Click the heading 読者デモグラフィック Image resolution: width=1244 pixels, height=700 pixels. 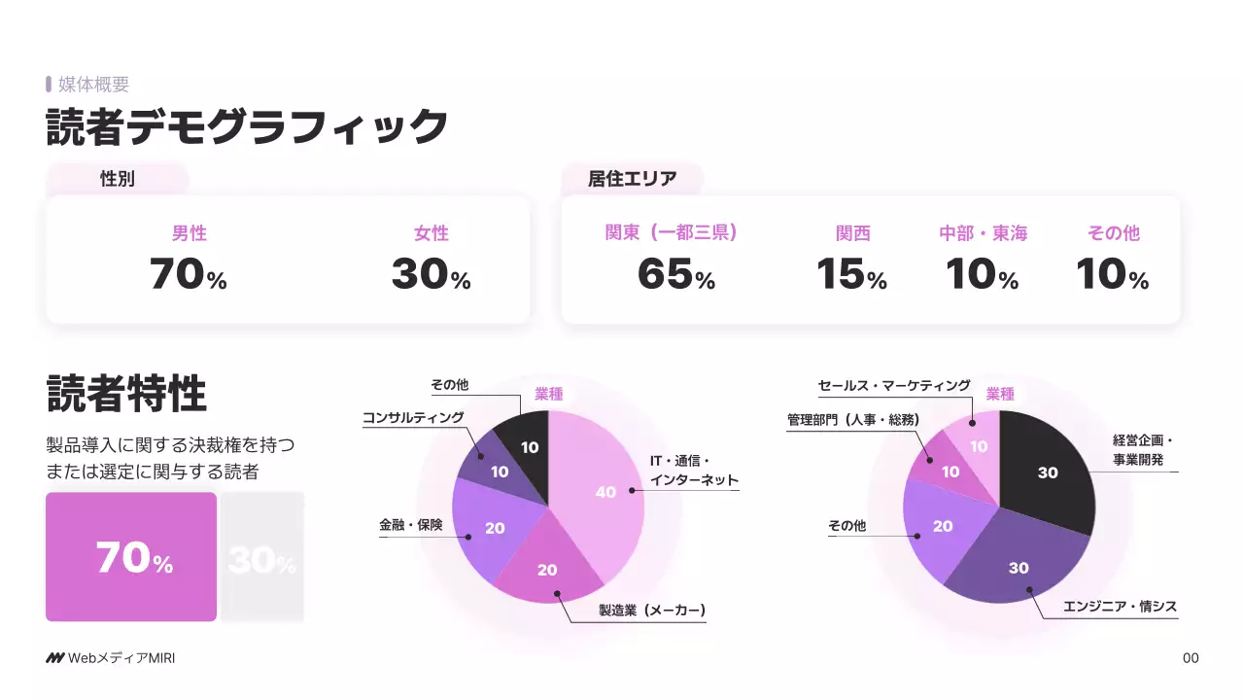click(x=247, y=127)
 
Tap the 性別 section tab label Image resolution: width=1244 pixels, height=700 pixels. click(x=118, y=179)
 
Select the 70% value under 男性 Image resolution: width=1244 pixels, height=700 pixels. click(x=189, y=275)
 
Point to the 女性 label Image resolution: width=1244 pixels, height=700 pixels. click(x=432, y=233)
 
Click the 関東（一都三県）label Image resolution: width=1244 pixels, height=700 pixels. click(x=671, y=233)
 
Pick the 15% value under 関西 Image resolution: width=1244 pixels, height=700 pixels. click(x=851, y=275)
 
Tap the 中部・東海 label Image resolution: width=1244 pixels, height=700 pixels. click(x=983, y=233)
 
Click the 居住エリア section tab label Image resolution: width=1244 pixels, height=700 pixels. click(x=632, y=179)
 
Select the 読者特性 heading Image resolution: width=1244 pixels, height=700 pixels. click(x=126, y=395)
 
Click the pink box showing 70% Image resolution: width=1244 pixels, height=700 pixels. click(x=131, y=557)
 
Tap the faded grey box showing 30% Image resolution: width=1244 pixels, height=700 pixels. click(x=262, y=557)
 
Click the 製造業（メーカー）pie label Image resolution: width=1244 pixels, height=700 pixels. click(x=651, y=611)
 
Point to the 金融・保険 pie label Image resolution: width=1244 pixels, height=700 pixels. click(x=410, y=525)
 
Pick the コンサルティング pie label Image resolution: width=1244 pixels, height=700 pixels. click(x=413, y=418)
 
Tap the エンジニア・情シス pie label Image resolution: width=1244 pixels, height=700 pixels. click(x=1120, y=607)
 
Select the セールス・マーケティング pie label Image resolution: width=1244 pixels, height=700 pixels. click(x=894, y=386)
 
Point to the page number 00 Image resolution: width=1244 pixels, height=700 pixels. click(x=1191, y=658)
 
